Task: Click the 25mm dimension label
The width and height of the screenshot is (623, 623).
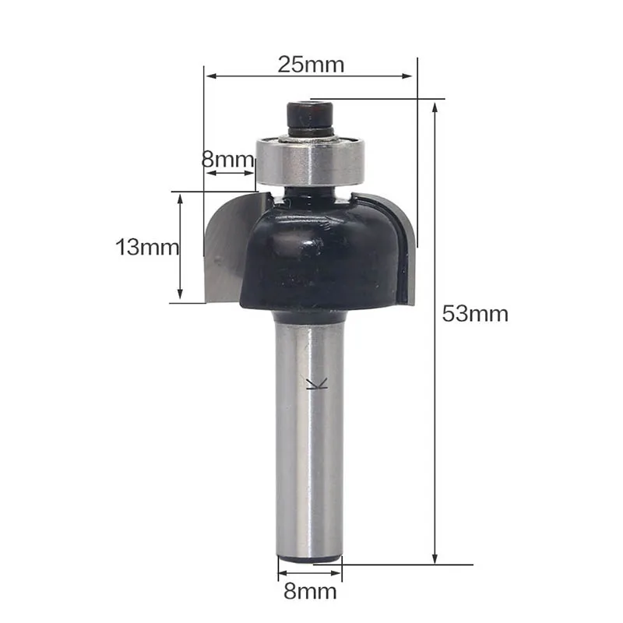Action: (311, 65)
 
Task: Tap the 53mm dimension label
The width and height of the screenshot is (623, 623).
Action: (475, 314)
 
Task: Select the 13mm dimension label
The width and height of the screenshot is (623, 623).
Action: (147, 247)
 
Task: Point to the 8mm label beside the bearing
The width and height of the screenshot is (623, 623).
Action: (227, 160)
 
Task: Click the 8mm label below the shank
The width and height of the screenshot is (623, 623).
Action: (310, 592)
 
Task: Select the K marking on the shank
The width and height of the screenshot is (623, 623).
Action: (317, 383)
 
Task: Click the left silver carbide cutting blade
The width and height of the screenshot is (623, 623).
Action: (231, 248)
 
